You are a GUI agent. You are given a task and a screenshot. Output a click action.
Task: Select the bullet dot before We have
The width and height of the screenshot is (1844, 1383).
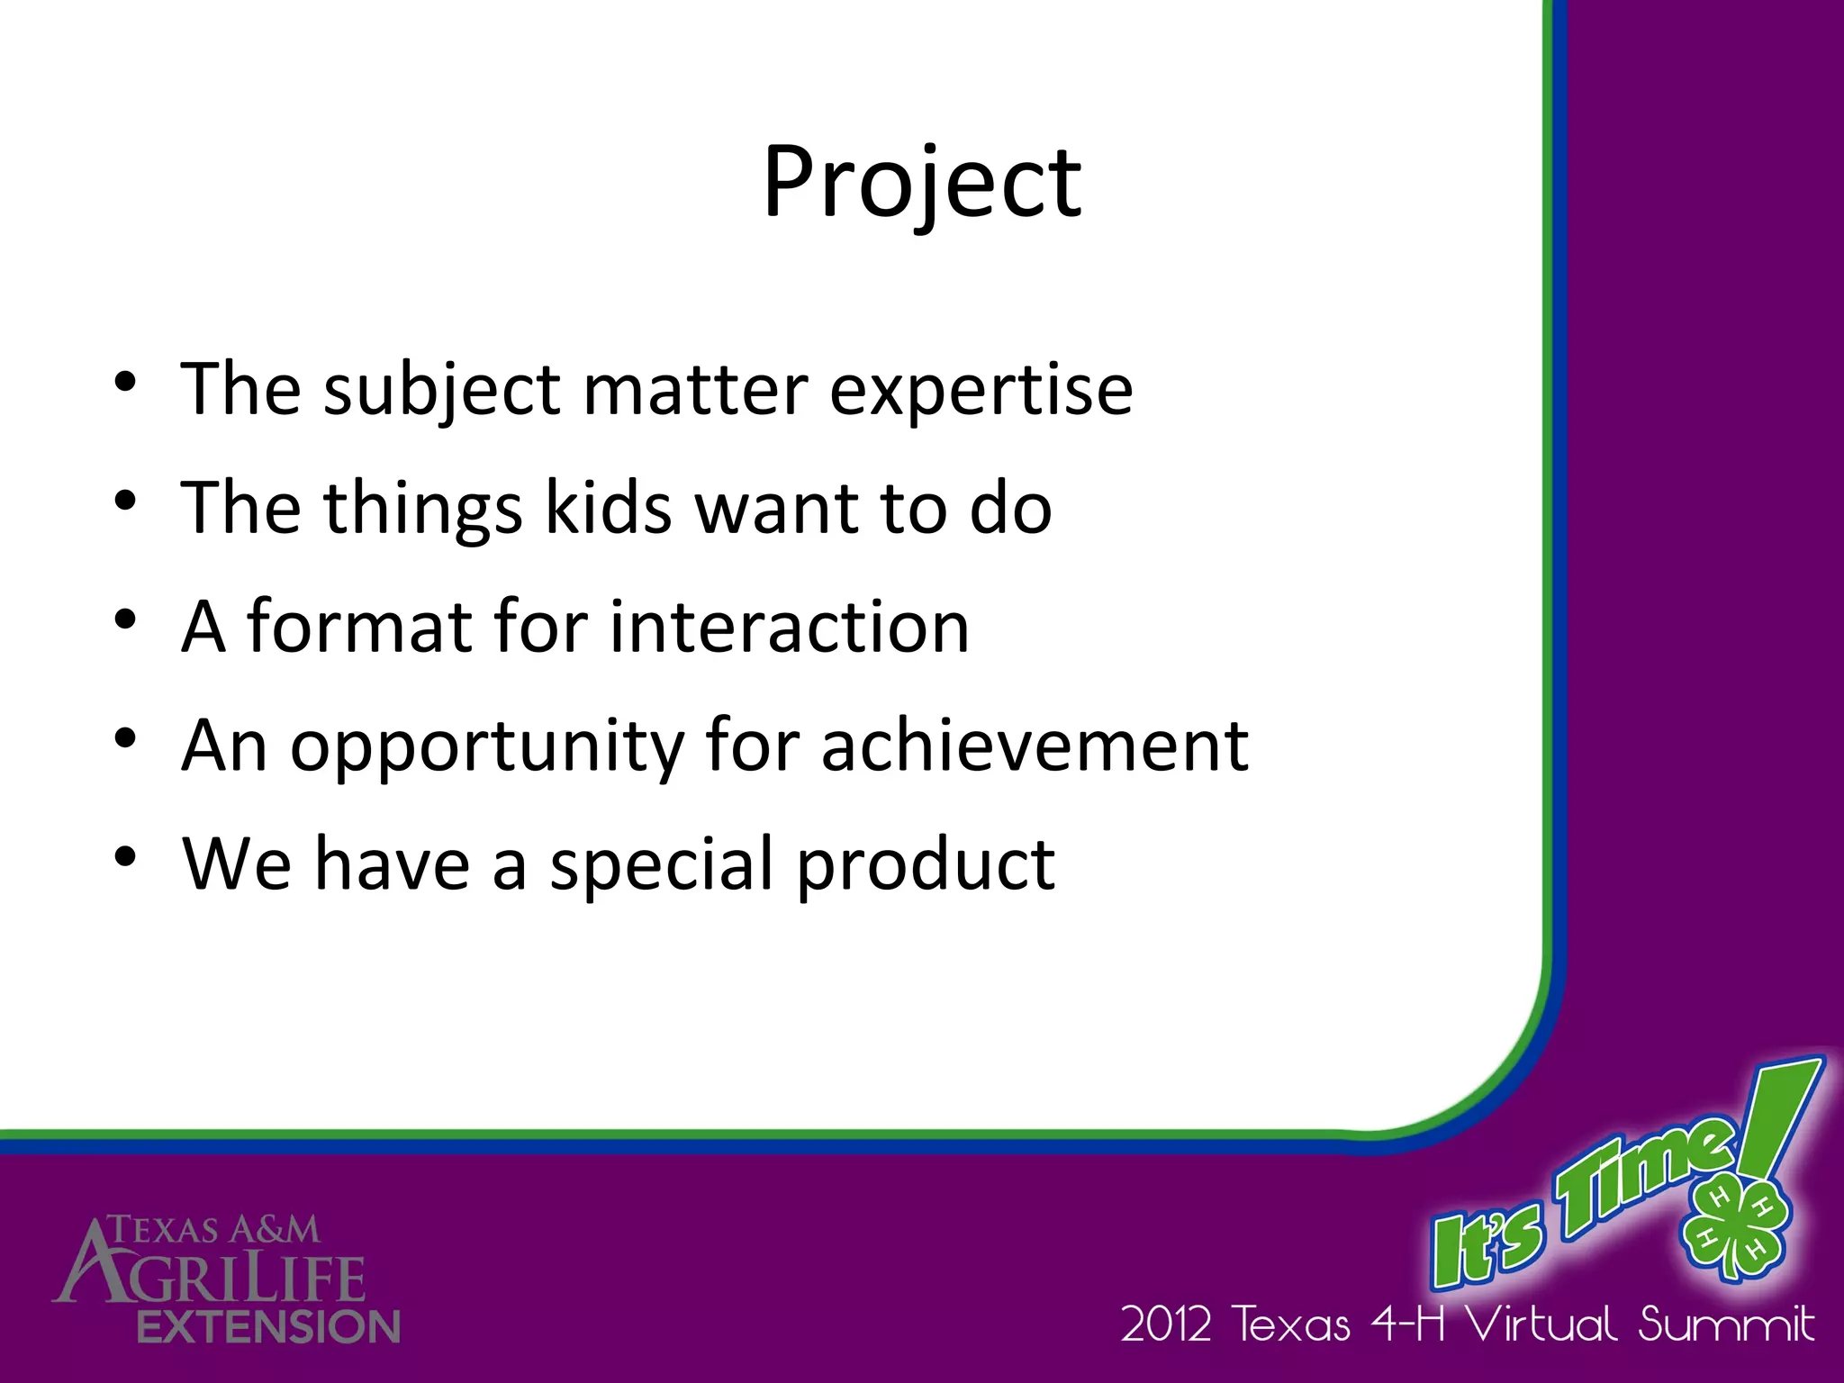tap(125, 856)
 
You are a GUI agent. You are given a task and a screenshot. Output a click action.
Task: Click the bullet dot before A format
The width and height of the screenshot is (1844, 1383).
tap(125, 619)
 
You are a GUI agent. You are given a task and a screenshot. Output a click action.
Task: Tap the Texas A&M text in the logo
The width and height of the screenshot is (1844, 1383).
tap(214, 1230)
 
